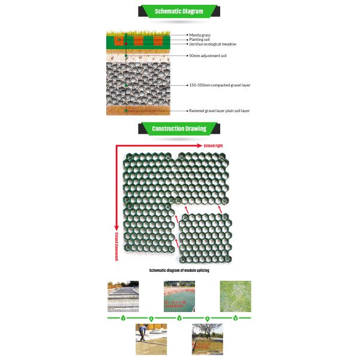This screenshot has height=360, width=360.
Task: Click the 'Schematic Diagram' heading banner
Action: click(x=179, y=11)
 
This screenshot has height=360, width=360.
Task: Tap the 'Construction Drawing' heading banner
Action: click(x=179, y=128)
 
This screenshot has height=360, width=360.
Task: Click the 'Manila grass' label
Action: click(x=200, y=35)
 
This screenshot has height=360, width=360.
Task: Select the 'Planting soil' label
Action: click(x=200, y=40)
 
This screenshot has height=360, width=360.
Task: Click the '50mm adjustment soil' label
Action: click(x=208, y=56)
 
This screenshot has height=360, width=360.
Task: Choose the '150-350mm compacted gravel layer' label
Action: click(x=219, y=85)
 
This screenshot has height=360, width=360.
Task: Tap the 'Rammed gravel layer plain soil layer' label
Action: click(x=219, y=111)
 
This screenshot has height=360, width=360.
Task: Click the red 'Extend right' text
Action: click(x=212, y=146)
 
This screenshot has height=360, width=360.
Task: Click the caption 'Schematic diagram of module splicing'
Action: click(x=179, y=271)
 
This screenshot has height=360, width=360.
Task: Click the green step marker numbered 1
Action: click(x=123, y=317)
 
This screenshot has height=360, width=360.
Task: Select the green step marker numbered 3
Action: click(x=179, y=317)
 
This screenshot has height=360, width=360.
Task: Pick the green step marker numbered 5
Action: click(x=235, y=317)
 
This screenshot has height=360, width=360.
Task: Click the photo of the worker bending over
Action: click(x=149, y=340)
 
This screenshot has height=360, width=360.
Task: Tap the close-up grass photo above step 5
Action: click(x=235, y=296)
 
